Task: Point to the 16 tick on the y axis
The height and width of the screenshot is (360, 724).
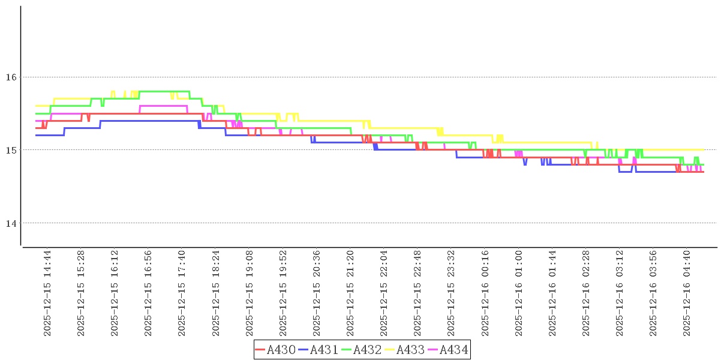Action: pos(10,77)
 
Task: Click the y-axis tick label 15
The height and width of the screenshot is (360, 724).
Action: pos(10,149)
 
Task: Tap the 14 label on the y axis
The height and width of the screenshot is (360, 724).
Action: pos(10,223)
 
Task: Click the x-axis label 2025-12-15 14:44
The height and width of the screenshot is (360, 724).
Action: pos(48,293)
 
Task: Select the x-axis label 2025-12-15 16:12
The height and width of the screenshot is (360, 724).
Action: pos(115,293)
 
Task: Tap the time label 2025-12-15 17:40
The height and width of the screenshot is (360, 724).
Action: pos(182,293)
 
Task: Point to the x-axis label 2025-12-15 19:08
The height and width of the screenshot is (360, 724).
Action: pos(250,293)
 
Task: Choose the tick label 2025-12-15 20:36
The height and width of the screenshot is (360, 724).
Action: pos(317,293)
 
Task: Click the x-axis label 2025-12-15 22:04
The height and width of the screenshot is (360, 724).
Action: pos(384,293)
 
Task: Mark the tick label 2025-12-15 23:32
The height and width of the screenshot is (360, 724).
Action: pos(451,293)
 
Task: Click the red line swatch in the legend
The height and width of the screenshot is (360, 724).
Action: pos(260,350)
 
